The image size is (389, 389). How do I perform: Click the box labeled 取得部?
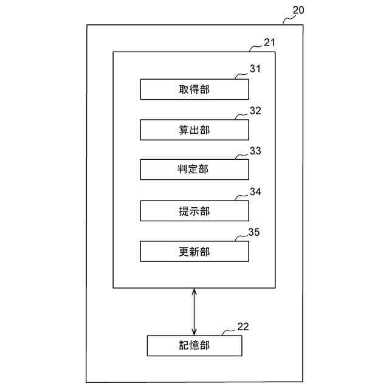pyautogui.click(x=194, y=90)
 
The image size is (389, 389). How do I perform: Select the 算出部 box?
pyautogui.click(x=194, y=130)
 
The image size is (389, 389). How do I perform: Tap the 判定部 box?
pyautogui.click(x=194, y=170)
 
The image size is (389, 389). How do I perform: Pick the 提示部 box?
pyautogui.click(x=194, y=211)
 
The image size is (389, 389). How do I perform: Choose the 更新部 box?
pyautogui.click(x=194, y=251)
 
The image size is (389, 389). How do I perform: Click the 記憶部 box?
pyautogui.click(x=194, y=345)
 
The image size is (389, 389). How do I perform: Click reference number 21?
pyautogui.click(x=269, y=43)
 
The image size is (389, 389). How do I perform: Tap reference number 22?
pyautogui.click(x=243, y=326)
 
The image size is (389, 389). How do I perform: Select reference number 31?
pyautogui.click(x=255, y=69)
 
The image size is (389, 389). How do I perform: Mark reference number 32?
pyautogui.click(x=255, y=111)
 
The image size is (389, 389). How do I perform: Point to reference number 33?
pyautogui.click(x=255, y=151)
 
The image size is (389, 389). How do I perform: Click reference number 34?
pyautogui.click(x=255, y=192)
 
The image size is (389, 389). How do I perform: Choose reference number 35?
pyautogui.click(x=255, y=232)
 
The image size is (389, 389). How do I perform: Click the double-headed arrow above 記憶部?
pyautogui.click(x=194, y=311)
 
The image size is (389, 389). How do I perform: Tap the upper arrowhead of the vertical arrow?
pyautogui.click(x=194, y=292)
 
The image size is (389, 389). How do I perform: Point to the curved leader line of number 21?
pyautogui.click(x=256, y=47)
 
